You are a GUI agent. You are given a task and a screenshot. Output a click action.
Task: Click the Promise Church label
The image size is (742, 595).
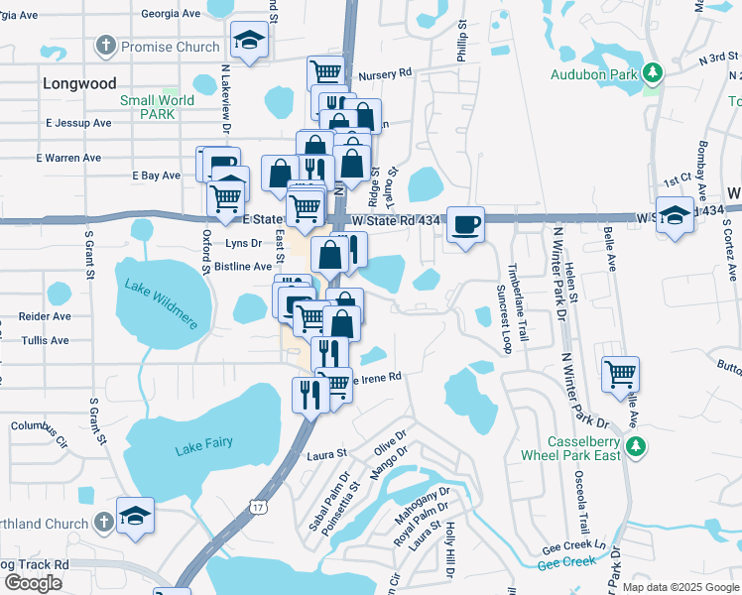tap(170, 47)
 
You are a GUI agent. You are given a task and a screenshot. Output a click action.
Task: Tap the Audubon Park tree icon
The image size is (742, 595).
tap(653, 72)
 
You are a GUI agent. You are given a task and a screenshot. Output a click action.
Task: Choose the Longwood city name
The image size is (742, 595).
tap(79, 84)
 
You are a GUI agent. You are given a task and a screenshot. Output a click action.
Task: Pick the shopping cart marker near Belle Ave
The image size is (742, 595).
tap(620, 374)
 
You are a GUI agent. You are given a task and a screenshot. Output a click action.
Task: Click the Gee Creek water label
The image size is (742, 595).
tap(566, 562)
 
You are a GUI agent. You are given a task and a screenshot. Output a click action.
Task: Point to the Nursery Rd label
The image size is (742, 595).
tap(386, 74)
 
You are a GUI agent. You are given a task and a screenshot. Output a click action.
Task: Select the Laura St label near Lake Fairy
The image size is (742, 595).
tap(327, 454)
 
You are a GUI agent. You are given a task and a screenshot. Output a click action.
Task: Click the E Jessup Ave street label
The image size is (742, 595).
tap(78, 123)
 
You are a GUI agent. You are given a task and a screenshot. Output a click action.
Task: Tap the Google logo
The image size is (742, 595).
tap(33, 582)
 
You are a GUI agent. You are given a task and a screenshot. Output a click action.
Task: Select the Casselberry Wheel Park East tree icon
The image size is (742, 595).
tap(636, 448)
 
